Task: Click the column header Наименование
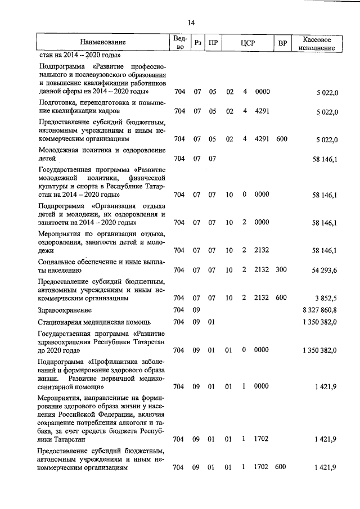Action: coord(103,42)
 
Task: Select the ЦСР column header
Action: coord(247,43)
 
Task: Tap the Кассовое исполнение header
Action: coord(318,43)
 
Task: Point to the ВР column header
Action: coord(282,43)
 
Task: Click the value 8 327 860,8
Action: coord(319,310)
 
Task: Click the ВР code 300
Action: coord(281,270)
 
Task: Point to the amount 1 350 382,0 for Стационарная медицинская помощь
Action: coord(319,322)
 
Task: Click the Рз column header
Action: coord(197,43)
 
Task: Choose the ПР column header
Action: coord(213,43)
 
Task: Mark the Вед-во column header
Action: coord(179,42)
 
